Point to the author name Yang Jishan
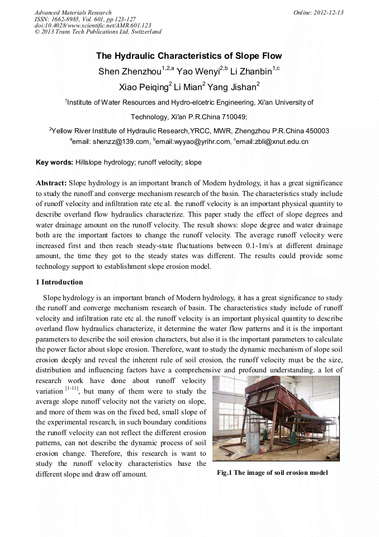point(232,87)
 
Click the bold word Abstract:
point(51,183)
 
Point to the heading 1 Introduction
point(59,282)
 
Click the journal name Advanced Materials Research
point(73,12)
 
